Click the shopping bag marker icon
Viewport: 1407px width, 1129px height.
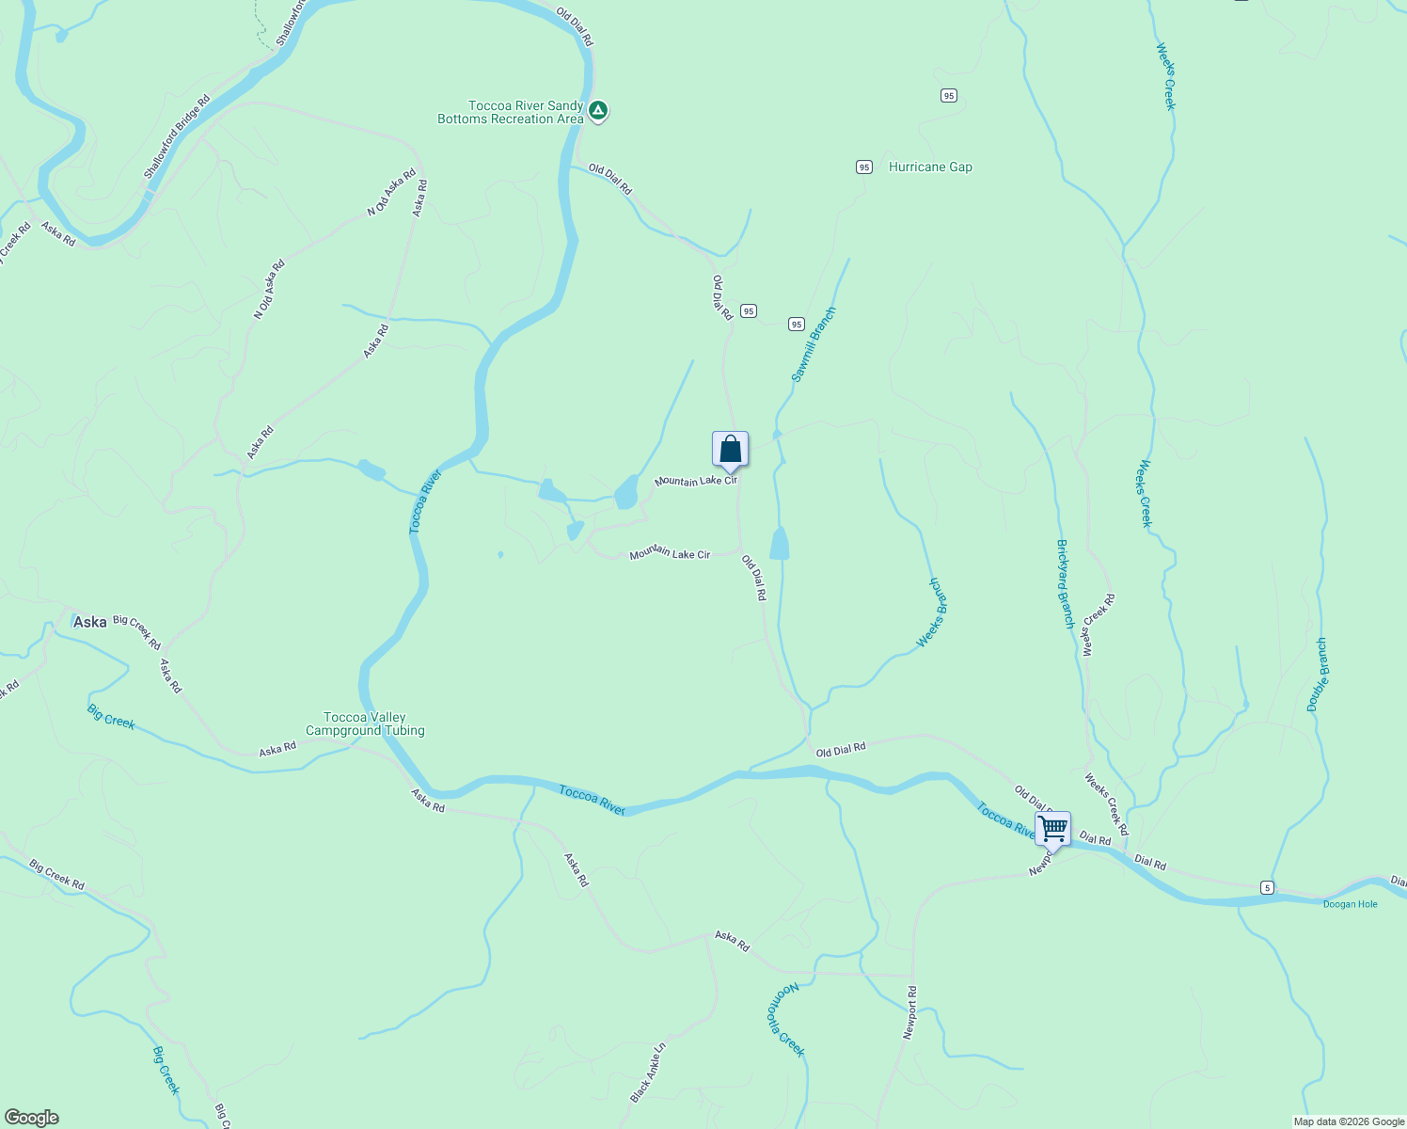click(x=730, y=450)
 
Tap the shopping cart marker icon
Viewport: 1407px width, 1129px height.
click(x=1052, y=830)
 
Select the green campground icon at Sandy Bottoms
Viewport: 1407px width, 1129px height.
click(x=598, y=112)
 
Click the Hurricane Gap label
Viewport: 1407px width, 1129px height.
click(x=930, y=167)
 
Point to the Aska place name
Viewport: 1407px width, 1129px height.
click(x=90, y=622)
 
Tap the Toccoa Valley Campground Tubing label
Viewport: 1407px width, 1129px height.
click(x=365, y=724)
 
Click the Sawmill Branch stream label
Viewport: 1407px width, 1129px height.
click(x=813, y=344)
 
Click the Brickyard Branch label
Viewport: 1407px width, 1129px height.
click(x=1065, y=584)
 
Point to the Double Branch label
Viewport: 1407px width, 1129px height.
click(x=1318, y=675)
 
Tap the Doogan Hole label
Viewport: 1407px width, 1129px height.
click(x=1350, y=904)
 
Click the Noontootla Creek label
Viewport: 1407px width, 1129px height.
click(x=787, y=1020)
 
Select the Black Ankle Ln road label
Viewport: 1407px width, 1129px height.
click(x=648, y=1073)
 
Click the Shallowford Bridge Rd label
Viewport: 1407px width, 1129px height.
click(x=176, y=137)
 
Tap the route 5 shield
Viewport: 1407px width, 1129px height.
click(x=1268, y=887)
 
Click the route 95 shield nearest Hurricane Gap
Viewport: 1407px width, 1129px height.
click(x=864, y=167)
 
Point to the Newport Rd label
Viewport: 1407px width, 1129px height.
click(x=909, y=1012)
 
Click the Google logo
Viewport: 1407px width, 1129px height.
click(x=32, y=1118)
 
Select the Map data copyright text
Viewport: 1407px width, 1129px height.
click(x=1348, y=1121)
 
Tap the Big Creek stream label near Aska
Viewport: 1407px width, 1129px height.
click(x=111, y=717)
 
